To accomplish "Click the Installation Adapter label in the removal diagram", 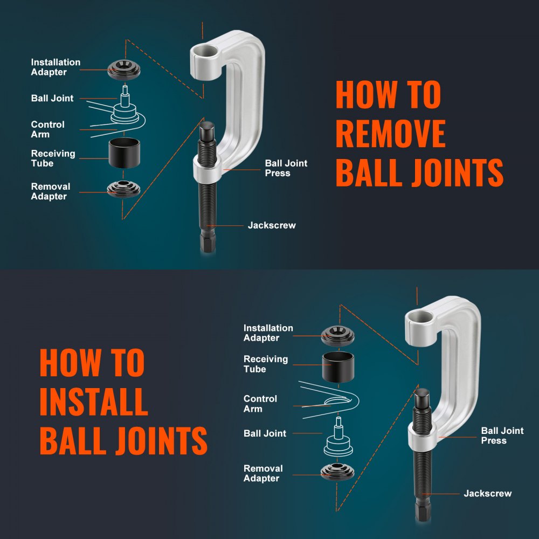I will click(56, 67).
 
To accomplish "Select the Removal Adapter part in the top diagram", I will click(123, 189).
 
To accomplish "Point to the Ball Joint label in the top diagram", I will click(52, 98).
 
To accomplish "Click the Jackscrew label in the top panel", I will click(272, 225).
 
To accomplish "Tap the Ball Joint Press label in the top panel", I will click(286, 168).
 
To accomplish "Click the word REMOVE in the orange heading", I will click(390, 133).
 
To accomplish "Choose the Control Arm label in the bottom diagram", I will click(260, 404).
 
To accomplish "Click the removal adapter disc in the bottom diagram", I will click(337, 472).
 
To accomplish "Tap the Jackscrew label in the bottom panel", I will click(487, 493).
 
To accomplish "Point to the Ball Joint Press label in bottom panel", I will click(502, 436).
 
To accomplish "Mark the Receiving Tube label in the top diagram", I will click(53, 158).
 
